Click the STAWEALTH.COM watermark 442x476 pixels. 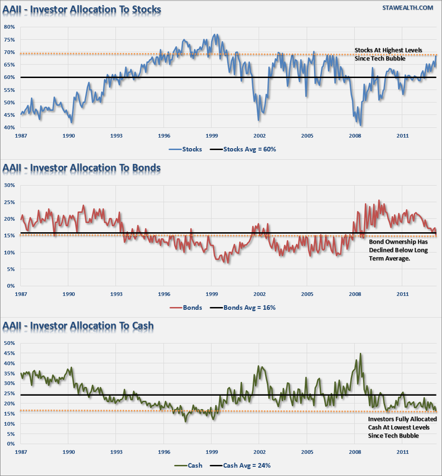pyautogui.click(x=408, y=8)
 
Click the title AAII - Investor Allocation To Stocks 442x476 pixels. pyautogui.click(x=82, y=9)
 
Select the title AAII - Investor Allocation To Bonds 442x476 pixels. pyautogui.click(x=81, y=168)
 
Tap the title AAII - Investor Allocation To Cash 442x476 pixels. pyautogui.click(x=78, y=326)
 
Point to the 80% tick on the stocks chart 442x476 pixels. pyautogui.click(x=9, y=27)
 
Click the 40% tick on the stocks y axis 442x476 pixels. pyautogui.click(x=9, y=127)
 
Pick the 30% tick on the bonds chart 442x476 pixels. pyautogui.click(x=9, y=185)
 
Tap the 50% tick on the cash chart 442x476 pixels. pyautogui.click(x=9, y=343)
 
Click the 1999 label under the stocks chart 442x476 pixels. pyautogui.click(x=212, y=136)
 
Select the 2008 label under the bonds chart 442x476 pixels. pyautogui.click(x=355, y=294)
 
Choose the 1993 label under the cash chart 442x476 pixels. pyautogui.click(x=116, y=452)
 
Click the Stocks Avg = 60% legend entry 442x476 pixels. pyautogui.click(x=243, y=150)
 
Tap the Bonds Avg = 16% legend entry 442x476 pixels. pyautogui.click(x=243, y=307)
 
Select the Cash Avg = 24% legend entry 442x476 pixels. pyautogui.click(x=240, y=465)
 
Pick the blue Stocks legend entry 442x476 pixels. pyautogui.click(x=185, y=150)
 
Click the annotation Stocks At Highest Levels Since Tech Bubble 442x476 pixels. pyautogui.click(x=388, y=54)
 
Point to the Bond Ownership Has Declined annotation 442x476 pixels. pyautogui.click(x=399, y=250)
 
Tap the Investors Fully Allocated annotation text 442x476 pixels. pyautogui.click(x=402, y=427)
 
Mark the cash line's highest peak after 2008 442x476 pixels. pyautogui.click(x=361, y=353)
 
